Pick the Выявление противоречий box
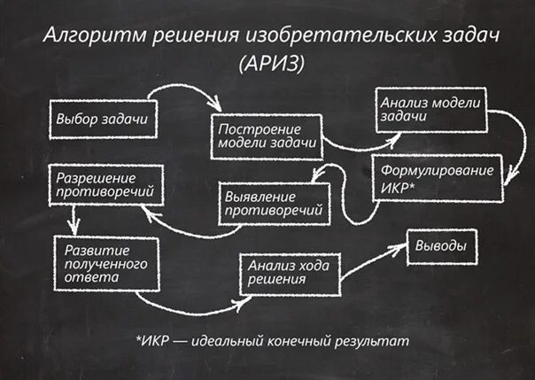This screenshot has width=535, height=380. coord(272,203)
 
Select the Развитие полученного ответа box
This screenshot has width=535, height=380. coord(105,260)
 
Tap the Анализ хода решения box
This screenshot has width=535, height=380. coord(288,272)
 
